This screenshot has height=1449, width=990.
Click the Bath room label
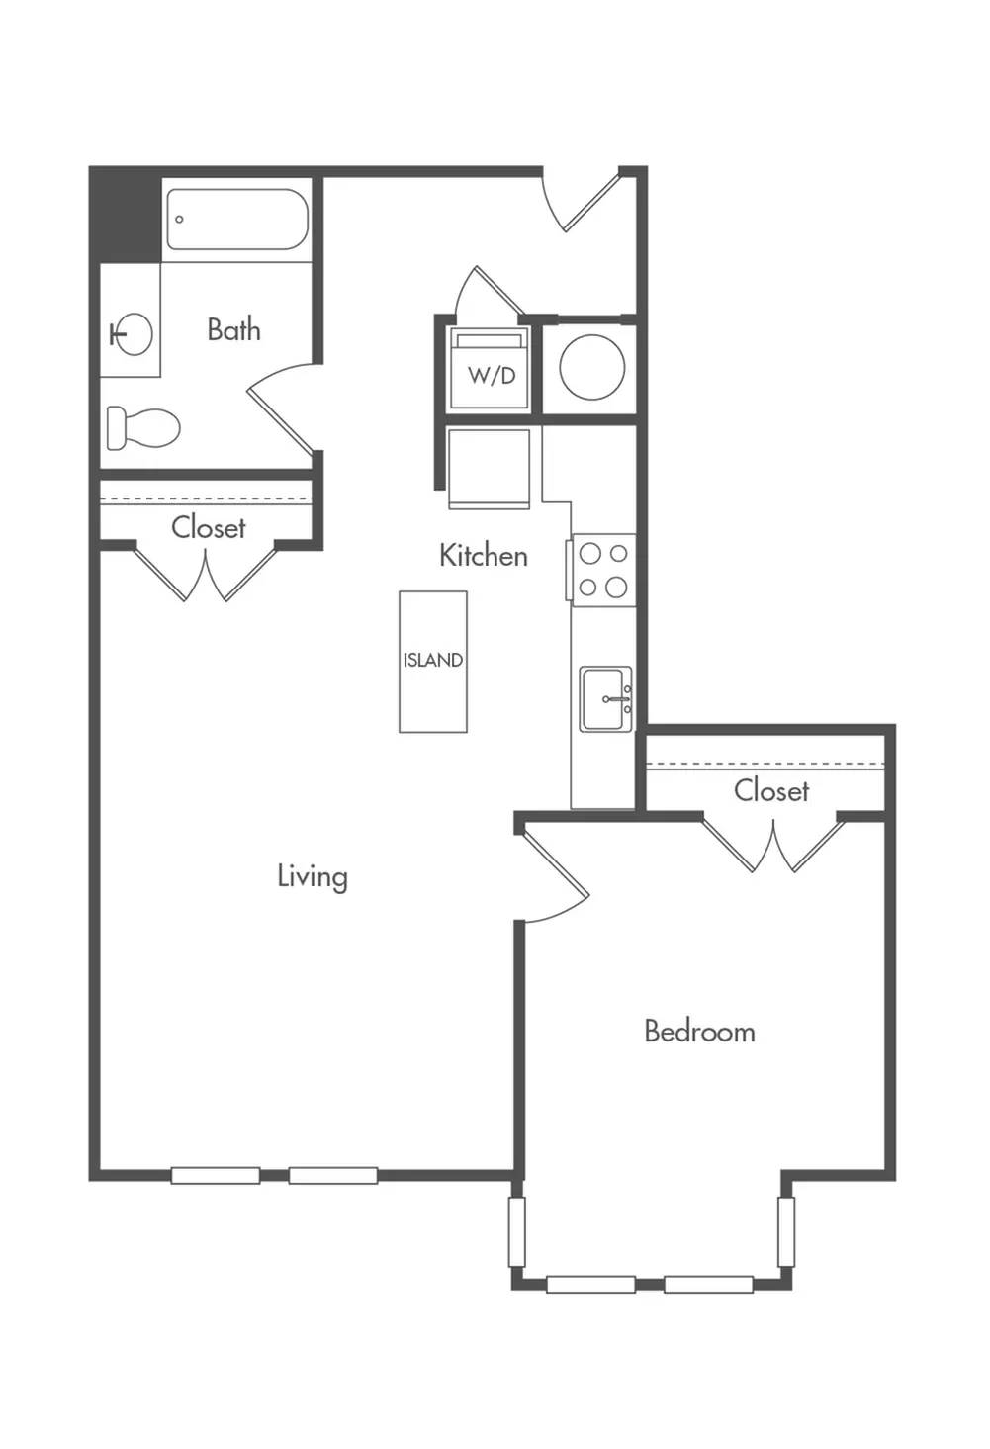click(234, 330)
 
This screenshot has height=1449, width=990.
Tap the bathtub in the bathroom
click(236, 220)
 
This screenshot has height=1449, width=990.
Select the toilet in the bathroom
click(142, 427)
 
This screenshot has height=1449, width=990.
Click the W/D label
click(492, 376)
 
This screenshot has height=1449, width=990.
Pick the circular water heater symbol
click(591, 367)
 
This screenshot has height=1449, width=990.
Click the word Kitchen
click(484, 556)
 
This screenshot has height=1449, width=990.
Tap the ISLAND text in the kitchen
click(432, 661)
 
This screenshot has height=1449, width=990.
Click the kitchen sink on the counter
click(606, 699)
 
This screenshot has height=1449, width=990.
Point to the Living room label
click(313, 876)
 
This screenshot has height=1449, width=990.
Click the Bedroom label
click(699, 1031)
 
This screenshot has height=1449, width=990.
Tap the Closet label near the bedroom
click(771, 791)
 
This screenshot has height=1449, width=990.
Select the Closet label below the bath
click(209, 528)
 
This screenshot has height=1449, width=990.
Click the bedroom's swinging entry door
click(555, 873)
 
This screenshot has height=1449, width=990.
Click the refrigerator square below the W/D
click(490, 469)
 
